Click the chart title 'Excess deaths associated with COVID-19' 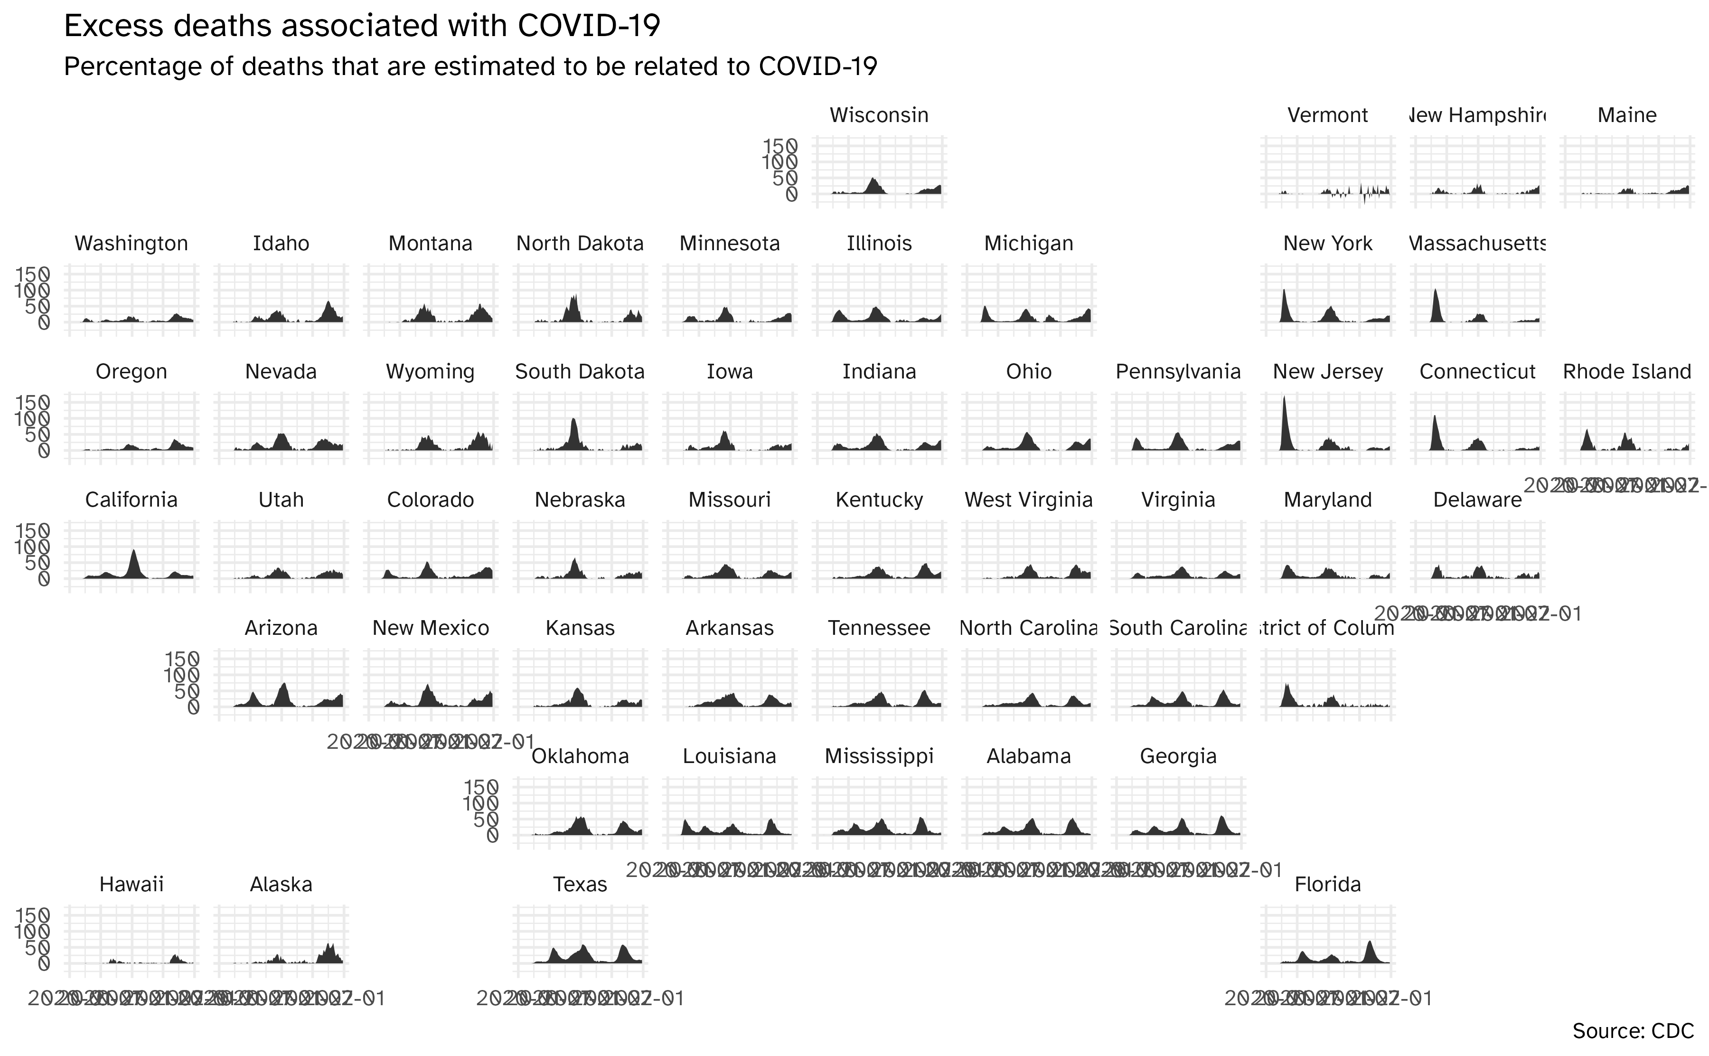[362, 27]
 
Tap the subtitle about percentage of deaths [470, 67]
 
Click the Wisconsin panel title [879, 115]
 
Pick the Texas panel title [580, 885]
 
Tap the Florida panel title [1327, 885]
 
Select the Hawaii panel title [131, 885]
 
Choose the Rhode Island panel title [1626, 372]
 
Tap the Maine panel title [1626, 115]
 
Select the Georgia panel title [1178, 756]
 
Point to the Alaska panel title [281, 885]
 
